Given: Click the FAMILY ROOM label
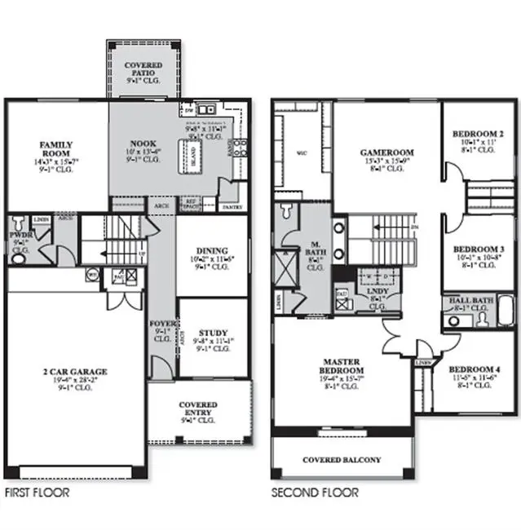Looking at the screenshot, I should click(56, 149).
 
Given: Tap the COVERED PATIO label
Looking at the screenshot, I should click(143, 69).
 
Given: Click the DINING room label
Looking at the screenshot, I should click(210, 251).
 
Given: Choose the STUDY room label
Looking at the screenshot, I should click(213, 332).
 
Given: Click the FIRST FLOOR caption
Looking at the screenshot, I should click(38, 493).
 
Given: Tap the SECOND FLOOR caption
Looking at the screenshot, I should click(315, 493).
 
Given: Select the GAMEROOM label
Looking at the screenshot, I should click(387, 152).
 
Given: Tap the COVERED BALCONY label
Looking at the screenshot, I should click(342, 461).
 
